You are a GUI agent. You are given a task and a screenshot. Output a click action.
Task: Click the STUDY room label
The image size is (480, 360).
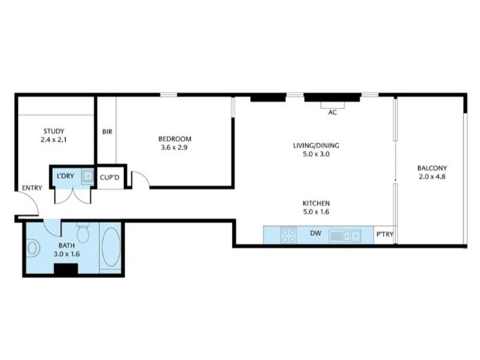(x=54, y=131)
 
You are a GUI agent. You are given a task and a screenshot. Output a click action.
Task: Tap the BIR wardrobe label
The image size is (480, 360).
(x=107, y=131)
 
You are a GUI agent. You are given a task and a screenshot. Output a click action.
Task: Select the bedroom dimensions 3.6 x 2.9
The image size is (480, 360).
(x=174, y=148)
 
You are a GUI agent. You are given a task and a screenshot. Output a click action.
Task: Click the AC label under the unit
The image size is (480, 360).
(x=332, y=112)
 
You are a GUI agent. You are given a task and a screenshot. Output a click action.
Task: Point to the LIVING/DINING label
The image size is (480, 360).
(x=316, y=145)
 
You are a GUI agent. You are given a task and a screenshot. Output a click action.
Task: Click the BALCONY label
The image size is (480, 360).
(x=432, y=168)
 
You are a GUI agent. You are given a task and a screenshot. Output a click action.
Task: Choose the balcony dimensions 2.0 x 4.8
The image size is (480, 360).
(x=432, y=176)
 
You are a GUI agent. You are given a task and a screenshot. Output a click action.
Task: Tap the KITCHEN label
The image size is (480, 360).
(x=316, y=203)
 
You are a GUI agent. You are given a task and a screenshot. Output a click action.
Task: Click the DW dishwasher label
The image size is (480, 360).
(x=316, y=233)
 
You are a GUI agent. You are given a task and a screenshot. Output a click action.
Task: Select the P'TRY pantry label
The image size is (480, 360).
(x=385, y=235)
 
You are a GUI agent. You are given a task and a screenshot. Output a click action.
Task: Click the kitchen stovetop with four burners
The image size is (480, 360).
(x=289, y=235)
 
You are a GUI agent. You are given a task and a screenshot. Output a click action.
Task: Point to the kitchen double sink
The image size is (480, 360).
(x=345, y=236)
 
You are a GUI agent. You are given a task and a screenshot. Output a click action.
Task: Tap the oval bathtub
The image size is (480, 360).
(x=111, y=247)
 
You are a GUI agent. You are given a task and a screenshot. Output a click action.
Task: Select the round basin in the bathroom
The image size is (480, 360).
(x=33, y=248)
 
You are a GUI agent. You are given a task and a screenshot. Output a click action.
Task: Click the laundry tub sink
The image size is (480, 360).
(x=88, y=176)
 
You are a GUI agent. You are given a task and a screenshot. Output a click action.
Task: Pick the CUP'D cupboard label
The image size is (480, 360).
(x=110, y=178)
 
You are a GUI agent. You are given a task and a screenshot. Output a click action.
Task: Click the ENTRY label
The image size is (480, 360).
(x=32, y=188)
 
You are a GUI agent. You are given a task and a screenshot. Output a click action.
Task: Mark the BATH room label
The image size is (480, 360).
(x=67, y=245)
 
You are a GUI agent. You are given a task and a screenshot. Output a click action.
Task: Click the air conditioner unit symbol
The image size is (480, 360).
(x=332, y=104)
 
